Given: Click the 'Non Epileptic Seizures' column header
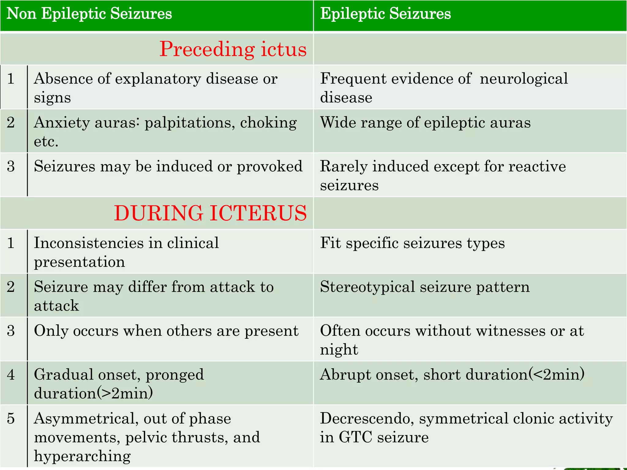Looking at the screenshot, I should pyautogui.click(x=89, y=14).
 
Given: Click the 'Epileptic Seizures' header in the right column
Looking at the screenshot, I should pyautogui.click(x=385, y=14).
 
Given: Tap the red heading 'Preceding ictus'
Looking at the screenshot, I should pyautogui.click(x=233, y=49).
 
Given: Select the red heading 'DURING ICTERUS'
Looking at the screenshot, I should pyautogui.click(x=210, y=213).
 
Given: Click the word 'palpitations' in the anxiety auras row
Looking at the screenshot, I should pyautogui.click(x=190, y=123).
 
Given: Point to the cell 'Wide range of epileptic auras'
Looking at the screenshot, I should pyautogui.click(x=425, y=123).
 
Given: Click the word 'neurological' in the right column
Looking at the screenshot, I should pyautogui.click(x=524, y=79).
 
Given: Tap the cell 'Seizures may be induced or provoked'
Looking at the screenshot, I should pyautogui.click(x=168, y=167).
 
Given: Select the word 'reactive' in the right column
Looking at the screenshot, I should pyautogui.click(x=537, y=167).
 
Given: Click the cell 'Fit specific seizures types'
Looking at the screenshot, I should pyautogui.click(x=412, y=243).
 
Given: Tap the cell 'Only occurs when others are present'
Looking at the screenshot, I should pyautogui.click(x=166, y=331).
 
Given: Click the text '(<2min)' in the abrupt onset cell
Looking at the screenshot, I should pyautogui.click(x=557, y=375).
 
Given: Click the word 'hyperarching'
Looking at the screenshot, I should pyautogui.click(x=82, y=456).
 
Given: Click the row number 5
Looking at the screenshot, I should pyautogui.click(x=11, y=419).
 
